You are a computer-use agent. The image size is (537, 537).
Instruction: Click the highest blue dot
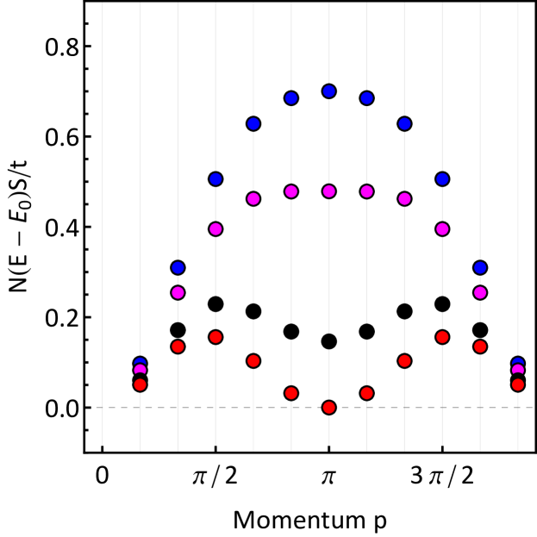[x=328, y=91]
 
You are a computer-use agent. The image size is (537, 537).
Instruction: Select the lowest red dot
[x=328, y=407]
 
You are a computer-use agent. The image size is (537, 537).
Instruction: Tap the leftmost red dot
[x=140, y=384]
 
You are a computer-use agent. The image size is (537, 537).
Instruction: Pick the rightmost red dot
[x=517, y=384]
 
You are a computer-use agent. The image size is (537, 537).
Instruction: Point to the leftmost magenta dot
[x=140, y=371]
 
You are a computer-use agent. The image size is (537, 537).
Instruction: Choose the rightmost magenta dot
[x=517, y=371]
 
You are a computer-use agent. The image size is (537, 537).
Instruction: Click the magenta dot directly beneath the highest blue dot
[x=328, y=191]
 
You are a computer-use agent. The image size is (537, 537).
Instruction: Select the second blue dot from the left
[x=178, y=267]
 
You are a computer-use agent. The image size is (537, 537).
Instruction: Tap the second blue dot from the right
[x=480, y=267]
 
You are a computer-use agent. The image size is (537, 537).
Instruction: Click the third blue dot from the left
[x=215, y=179]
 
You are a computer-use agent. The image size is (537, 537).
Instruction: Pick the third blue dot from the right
[x=442, y=179]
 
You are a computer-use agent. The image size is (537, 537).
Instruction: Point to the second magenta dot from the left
[x=178, y=292]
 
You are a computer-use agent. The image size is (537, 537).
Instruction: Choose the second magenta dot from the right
[x=480, y=292]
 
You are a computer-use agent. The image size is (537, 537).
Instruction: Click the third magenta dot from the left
[x=215, y=229]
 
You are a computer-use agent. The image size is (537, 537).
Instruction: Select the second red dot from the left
[x=178, y=347]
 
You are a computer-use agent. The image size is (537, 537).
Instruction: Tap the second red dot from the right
[x=480, y=347]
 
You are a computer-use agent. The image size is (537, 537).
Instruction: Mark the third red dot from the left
[x=215, y=337]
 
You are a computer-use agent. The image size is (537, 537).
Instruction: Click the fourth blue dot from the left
[x=253, y=124]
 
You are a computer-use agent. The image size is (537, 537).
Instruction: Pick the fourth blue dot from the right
[x=404, y=124]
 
